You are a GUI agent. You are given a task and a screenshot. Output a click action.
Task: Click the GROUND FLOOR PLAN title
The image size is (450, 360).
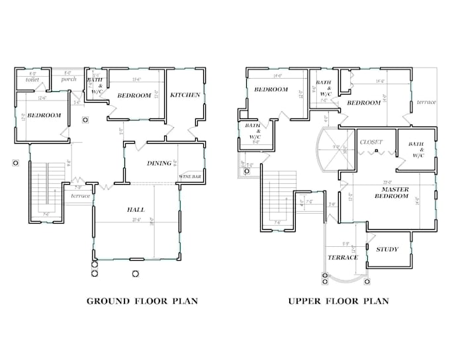click(143, 301)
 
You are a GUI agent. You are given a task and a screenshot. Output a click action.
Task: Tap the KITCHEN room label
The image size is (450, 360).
click(185, 95)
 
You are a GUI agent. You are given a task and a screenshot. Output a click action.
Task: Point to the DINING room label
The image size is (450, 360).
click(159, 163)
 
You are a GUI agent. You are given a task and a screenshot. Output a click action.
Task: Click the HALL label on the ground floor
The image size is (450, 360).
click(136, 210)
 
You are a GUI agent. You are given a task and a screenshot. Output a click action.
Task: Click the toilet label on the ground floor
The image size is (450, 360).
click(32, 79)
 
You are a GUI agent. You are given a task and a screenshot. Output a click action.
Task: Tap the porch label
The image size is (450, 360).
click(69, 79)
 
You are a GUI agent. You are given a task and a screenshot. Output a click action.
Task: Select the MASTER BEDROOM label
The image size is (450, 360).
click(392, 192)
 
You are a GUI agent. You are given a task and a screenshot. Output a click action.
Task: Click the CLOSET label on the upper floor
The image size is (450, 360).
click(372, 142)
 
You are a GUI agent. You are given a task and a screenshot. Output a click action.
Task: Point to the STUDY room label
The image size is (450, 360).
click(386, 249)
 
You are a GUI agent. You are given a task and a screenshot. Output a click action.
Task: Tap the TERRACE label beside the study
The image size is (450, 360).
click(343, 257)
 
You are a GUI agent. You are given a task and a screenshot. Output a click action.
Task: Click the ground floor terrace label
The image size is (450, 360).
click(80, 196)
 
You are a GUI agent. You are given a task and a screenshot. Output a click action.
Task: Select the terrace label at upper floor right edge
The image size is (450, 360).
click(427, 103)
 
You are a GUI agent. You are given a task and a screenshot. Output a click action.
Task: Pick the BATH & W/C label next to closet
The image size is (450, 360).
click(416, 150)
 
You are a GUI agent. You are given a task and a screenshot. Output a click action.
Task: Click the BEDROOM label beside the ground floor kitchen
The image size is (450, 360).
click(134, 96)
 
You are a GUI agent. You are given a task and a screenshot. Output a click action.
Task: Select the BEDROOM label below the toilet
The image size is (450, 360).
click(45, 116)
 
